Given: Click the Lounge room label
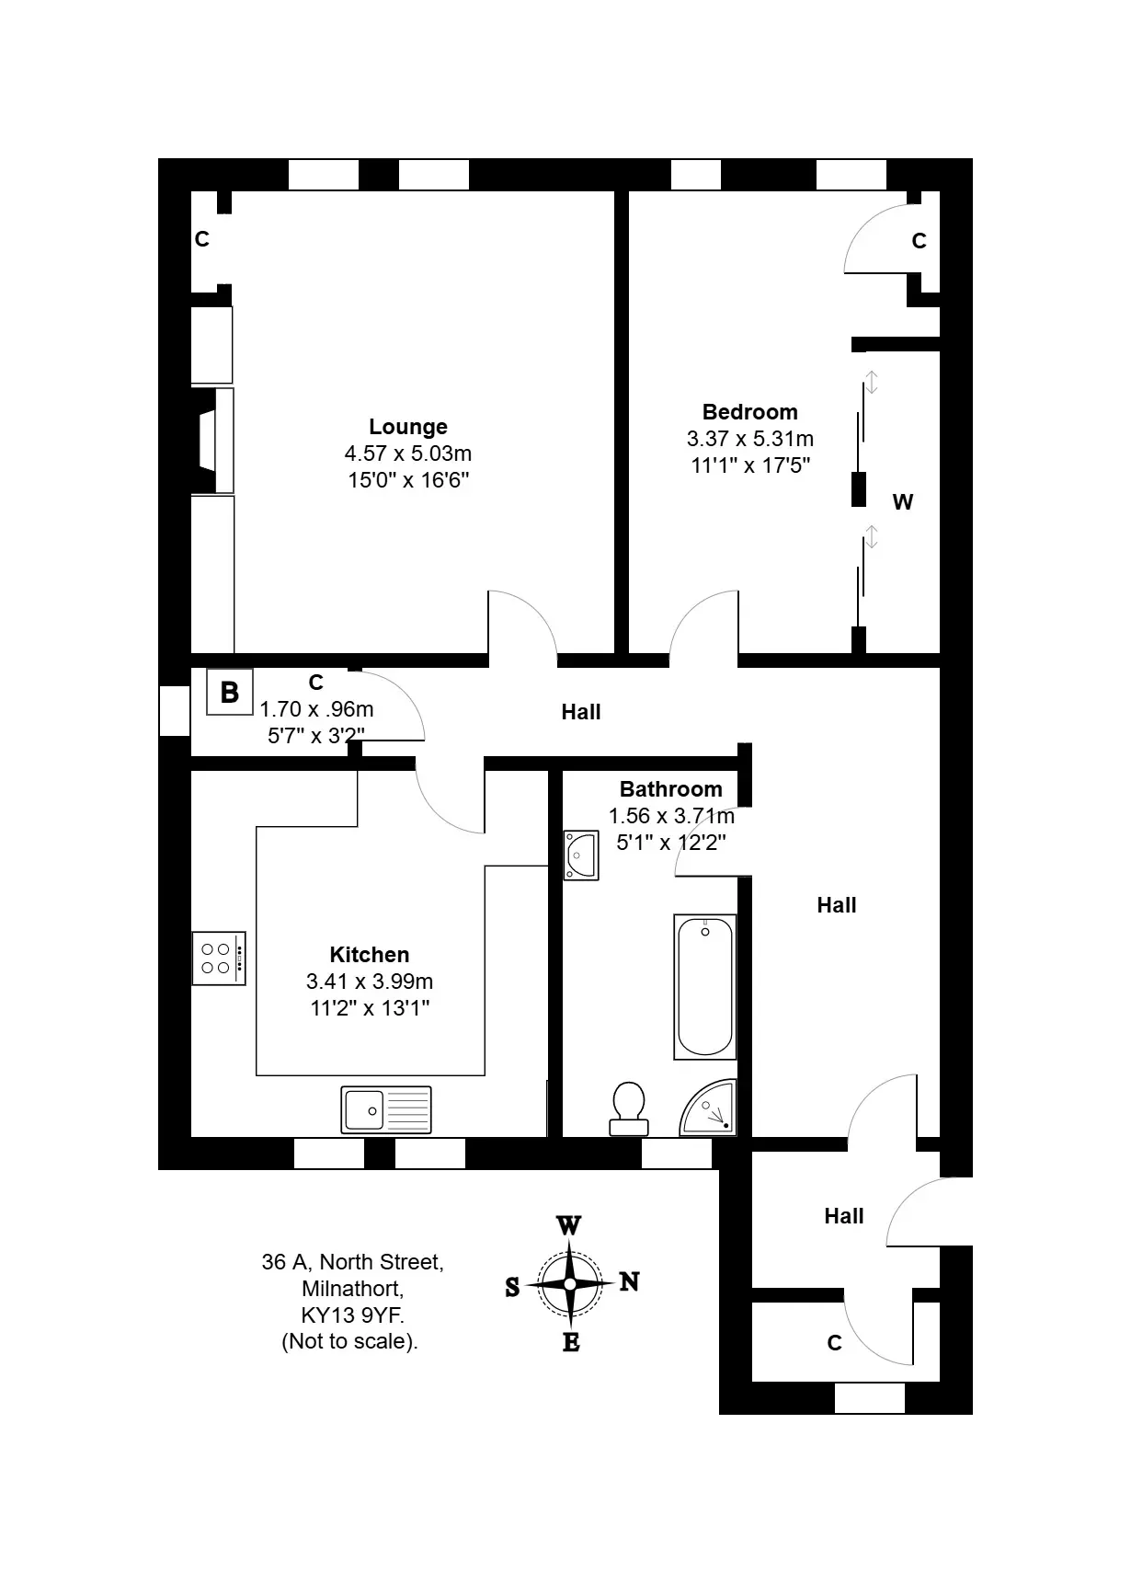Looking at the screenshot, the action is (408, 426).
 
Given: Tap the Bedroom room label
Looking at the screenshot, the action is (749, 411).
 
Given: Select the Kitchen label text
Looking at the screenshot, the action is (370, 954).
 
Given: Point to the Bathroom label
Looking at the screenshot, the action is (670, 788).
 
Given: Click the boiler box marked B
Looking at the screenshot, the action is (230, 692).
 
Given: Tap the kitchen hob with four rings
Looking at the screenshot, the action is (219, 959).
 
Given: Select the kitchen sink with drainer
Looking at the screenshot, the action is (386, 1110).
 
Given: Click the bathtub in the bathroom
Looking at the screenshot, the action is (705, 987).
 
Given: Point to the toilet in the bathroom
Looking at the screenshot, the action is (628, 1108).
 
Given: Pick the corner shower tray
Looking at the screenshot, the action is (709, 1109).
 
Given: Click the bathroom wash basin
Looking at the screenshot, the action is (581, 855).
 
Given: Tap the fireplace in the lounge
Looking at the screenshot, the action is (212, 441).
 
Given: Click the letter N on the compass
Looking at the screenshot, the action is (629, 1282).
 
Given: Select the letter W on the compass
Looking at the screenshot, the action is (568, 1225).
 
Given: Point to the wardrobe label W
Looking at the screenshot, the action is (903, 502).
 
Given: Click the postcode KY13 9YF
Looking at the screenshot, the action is (352, 1315).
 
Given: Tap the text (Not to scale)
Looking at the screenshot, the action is (349, 1342).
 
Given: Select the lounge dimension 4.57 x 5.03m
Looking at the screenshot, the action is (408, 454).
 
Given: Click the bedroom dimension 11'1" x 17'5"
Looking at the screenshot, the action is (750, 465).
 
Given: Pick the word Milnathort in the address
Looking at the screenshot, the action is (352, 1289).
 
